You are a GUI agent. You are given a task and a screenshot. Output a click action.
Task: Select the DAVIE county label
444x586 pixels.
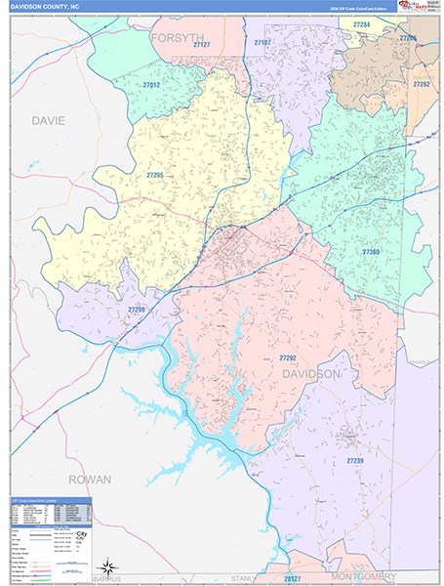click(x=48, y=121)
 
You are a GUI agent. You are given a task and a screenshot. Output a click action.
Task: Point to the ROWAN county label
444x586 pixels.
click(x=90, y=480)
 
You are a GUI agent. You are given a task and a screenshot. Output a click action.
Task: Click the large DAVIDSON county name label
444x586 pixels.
click(x=311, y=374)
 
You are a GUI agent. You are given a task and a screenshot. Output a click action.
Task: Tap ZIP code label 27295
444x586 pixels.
click(x=156, y=175)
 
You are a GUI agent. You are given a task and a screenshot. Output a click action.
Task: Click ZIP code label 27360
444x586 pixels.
click(x=373, y=252)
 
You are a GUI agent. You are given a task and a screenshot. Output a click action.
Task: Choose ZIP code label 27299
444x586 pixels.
click(x=137, y=309)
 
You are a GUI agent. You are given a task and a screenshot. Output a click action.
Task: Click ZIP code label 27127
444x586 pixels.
click(x=203, y=45)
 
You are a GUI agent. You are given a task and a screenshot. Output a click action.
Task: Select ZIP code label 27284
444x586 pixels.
click(x=362, y=23)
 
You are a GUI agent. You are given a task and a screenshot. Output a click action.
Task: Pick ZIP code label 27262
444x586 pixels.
click(x=422, y=84)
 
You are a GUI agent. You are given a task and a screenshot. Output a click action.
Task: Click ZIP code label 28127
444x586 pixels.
click(x=294, y=577)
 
